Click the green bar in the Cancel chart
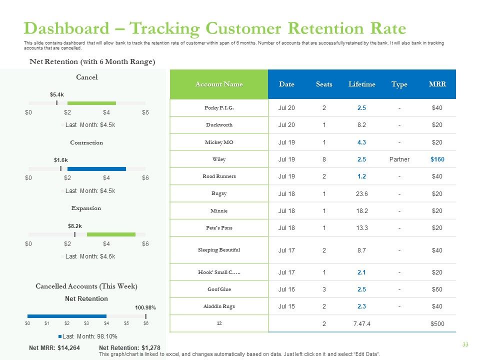coord(91,103)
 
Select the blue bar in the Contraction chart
coord(96,169)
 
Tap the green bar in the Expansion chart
coord(111,234)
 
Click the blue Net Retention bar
coord(67,316)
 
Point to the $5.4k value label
coord(57,94)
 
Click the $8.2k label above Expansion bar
coord(74,226)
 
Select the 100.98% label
coord(145,307)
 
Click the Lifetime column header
coord(362,84)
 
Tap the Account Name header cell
coord(219,84)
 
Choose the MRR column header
coord(437,84)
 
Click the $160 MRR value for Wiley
coord(437,159)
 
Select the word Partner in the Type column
coord(399,159)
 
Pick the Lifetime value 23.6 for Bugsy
coord(362,194)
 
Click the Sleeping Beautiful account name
coord(219,250)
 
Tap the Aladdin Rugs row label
coord(219,306)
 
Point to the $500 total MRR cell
coord(437,324)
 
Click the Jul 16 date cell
coord(286,289)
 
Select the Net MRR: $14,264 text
coord(54,348)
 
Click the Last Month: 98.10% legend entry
coord(88,336)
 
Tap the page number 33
coord(465,344)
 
